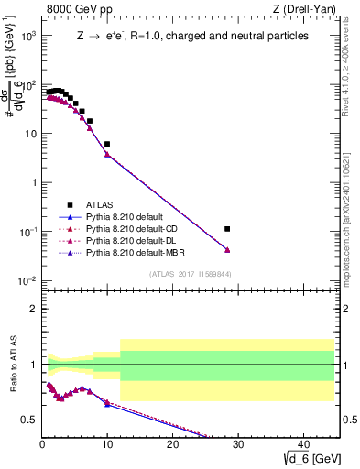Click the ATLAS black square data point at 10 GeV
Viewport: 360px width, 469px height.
107,144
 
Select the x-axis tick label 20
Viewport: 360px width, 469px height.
172,444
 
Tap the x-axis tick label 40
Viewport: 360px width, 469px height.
302,444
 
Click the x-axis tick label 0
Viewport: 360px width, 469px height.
42,444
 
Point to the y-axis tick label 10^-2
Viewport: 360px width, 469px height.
28,279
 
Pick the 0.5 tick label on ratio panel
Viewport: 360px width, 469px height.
30,420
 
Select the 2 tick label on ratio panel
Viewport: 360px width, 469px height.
33,308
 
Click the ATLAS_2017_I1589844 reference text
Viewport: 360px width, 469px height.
191,273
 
